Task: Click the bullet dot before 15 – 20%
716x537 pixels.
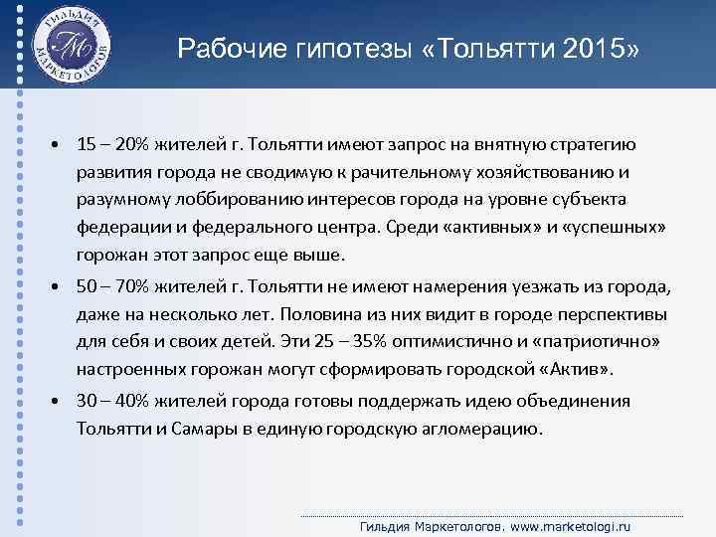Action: pyautogui.click(x=57, y=145)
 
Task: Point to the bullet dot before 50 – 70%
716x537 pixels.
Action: pyautogui.click(x=57, y=288)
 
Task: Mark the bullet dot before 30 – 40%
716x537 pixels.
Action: pyautogui.click(x=57, y=402)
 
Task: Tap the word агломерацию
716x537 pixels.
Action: pyautogui.click(x=483, y=430)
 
